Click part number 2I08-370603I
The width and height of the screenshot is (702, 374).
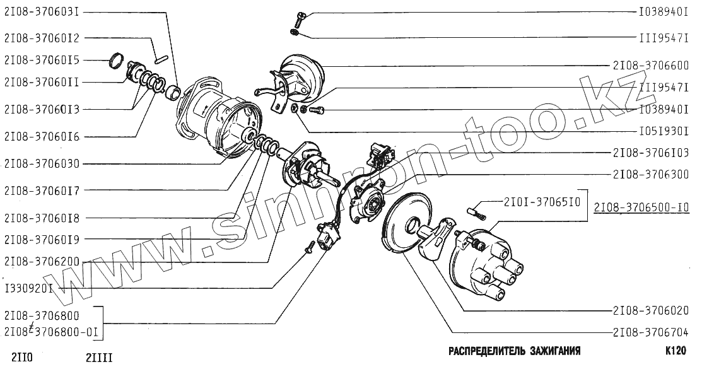42,12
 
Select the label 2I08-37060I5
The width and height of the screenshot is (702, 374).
42,60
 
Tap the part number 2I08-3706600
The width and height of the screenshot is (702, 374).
650,66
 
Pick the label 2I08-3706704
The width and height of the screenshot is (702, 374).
650,332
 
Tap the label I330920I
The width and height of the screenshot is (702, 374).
28,288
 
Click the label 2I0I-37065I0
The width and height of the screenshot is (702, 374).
542,202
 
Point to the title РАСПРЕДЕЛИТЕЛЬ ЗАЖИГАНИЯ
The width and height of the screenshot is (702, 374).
514,351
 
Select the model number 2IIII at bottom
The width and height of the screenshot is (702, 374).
99,359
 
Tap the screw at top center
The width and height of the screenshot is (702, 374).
298,17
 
